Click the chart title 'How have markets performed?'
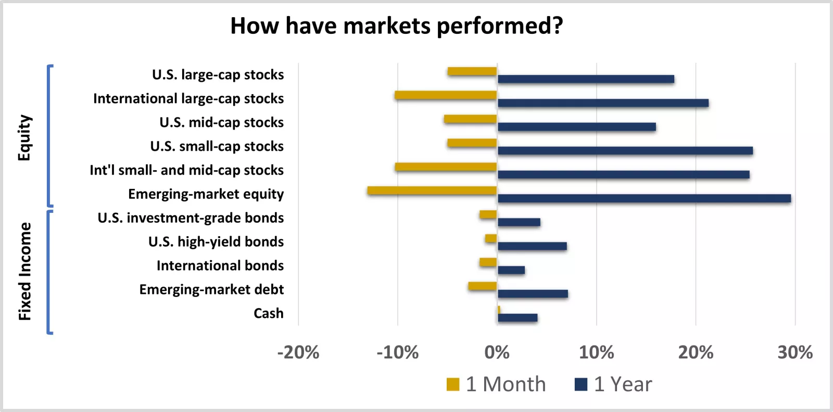[x=397, y=25]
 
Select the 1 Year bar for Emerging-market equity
[x=644, y=198]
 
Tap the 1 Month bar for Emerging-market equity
[x=432, y=190]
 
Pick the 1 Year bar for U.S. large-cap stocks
[x=586, y=79]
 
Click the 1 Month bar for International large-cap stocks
[x=446, y=95]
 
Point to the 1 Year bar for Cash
[x=518, y=318]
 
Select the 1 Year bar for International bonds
[x=511, y=270]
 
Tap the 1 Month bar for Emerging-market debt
[x=483, y=286]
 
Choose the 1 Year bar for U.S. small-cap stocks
[x=625, y=151]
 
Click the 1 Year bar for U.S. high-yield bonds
[x=532, y=246]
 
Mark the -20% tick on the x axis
[x=298, y=353]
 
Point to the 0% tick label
[x=497, y=353]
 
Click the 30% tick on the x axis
[x=795, y=353]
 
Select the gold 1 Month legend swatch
[x=453, y=384]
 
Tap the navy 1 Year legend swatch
[x=581, y=384]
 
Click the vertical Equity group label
[x=24, y=138]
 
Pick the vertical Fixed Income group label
[x=24, y=271]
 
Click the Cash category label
[x=269, y=314]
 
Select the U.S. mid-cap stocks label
[x=222, y=123]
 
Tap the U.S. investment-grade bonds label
[x=191, y=218]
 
